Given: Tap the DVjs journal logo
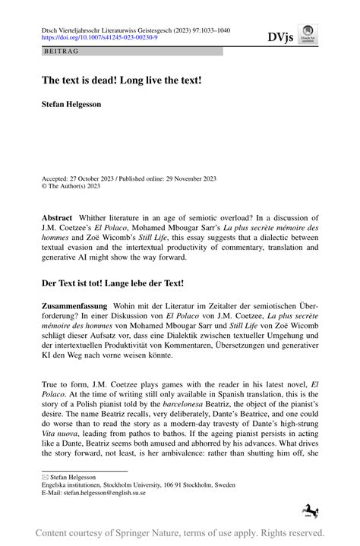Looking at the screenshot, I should click(x=280, y=36).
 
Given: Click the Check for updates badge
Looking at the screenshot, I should click(x=308, y=36).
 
